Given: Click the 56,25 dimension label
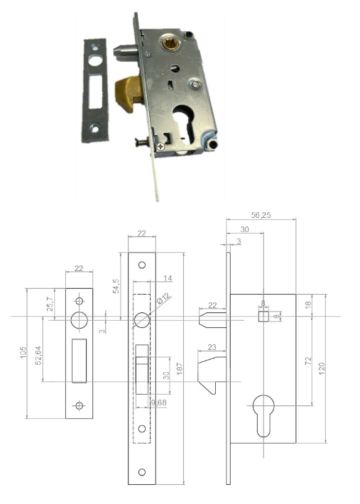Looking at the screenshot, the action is (261, 215).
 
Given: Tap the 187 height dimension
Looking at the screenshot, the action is (180, 368).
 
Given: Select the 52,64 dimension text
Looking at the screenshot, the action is (38, 356).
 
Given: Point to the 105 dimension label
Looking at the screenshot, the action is (23, 353).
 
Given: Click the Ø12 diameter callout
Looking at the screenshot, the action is (164, 299).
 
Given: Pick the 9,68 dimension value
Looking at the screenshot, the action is (158, 402).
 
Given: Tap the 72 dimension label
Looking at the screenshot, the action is (308, 361).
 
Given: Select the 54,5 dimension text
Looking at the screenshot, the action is (116, 286).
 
